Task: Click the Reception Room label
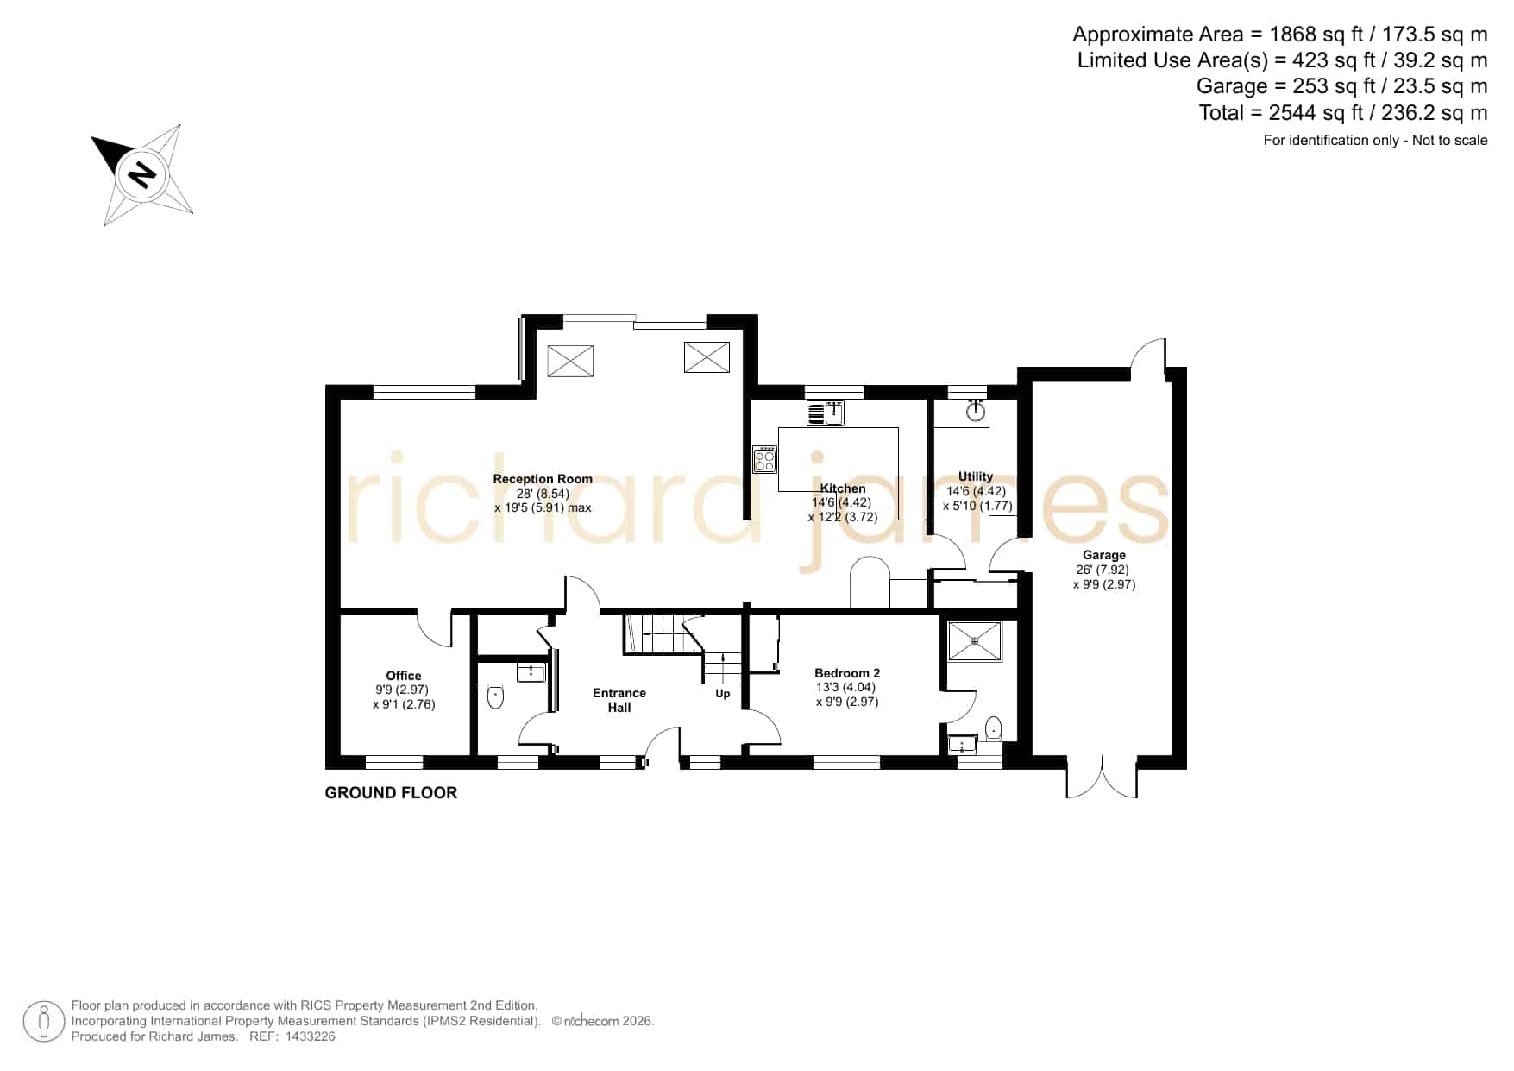tap(543, 479)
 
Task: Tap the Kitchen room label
tap(843, 488)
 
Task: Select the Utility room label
tap(976, 476)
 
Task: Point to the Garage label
tap(1104, 555)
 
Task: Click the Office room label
tap(404, 676)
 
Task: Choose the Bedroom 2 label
tap(847, 673)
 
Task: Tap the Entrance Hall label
tap(619, 700)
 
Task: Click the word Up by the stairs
tap(723, 694)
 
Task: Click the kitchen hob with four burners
tap(764, 459)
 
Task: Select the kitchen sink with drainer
tap(826, 413)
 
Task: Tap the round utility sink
tap(976, 411)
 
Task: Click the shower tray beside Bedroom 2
tap(975, 641)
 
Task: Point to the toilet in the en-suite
tap(994, 729)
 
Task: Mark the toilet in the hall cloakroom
tap(495, 696)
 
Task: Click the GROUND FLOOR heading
tap(391, 792)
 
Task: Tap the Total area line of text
tap(1343, 113)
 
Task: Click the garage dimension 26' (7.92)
tap(1103, 570)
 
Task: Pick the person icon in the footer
tap(43, 1022)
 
